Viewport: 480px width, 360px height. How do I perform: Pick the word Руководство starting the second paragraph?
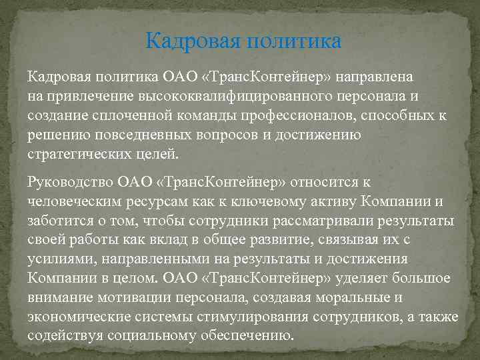point(69,182)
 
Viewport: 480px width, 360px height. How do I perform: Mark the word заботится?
point(55,220)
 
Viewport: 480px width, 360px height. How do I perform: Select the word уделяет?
point(361,277)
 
